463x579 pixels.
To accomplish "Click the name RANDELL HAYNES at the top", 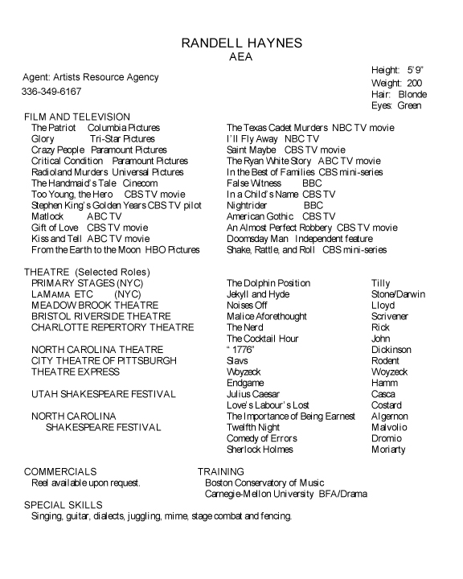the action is click(231, 43).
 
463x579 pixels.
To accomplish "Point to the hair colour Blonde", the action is click(412, 94).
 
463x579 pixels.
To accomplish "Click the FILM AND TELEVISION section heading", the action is click(77, 117).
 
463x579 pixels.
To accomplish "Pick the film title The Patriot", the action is click(54, 128).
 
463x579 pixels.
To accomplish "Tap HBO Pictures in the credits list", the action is click(172, 250).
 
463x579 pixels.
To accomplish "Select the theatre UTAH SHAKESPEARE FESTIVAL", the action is click(103, 394).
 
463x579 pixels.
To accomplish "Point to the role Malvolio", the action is click(389, 428).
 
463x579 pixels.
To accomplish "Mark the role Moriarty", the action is click(389, 450).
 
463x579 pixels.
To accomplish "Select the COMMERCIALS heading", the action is click(60, 471).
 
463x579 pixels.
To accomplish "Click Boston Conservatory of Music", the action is click(264, 482).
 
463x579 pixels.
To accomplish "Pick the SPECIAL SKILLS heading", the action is click(64, 504).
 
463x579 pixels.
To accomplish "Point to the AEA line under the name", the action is click(231, 56).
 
